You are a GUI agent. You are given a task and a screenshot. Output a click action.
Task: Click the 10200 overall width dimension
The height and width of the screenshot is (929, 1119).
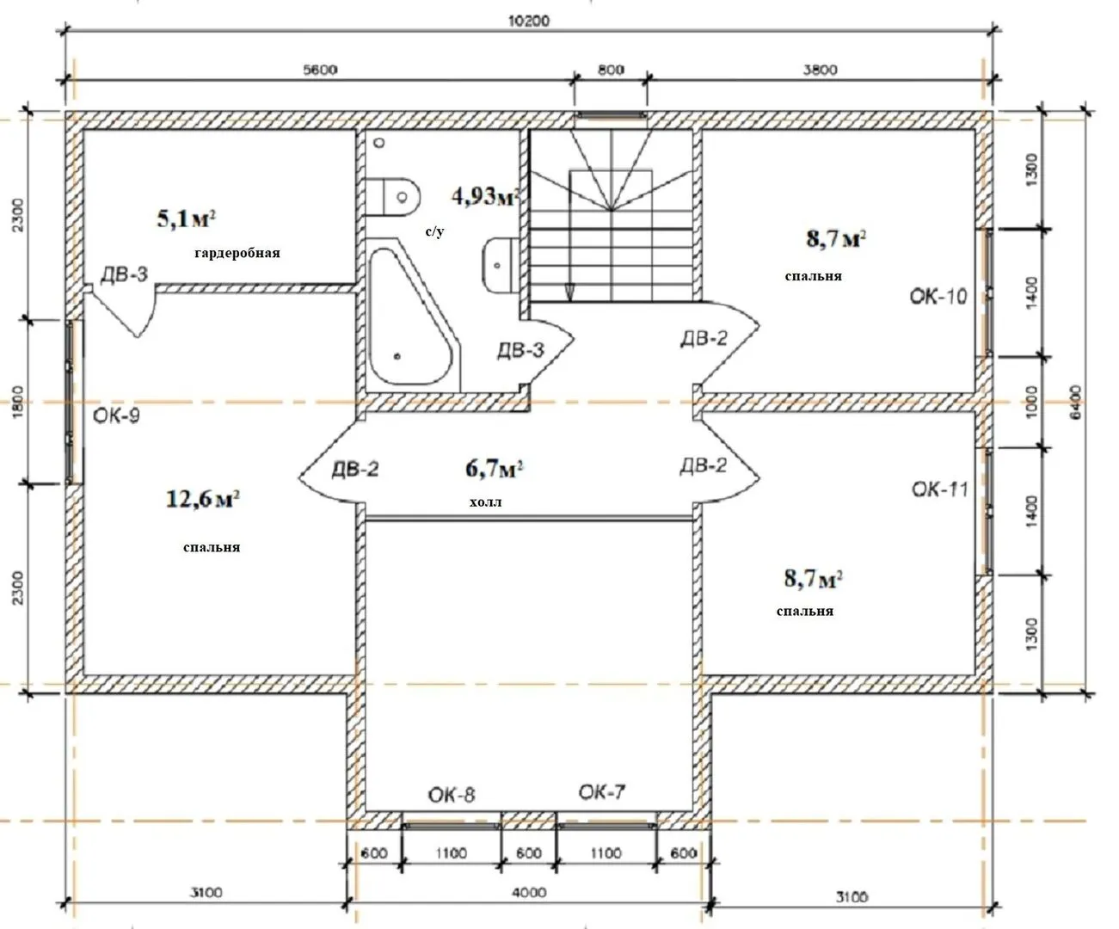(x=528, y=21)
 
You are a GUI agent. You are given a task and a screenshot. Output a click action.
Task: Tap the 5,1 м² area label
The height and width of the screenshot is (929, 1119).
(x=187, y=218)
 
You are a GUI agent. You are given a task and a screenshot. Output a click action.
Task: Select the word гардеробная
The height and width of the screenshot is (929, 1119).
(x=237, y=253)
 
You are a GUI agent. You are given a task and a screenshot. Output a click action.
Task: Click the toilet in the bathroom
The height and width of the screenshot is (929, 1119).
(x=393, y=197)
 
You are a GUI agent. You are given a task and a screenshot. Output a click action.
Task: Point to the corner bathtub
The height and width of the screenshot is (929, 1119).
(x=413, y=317)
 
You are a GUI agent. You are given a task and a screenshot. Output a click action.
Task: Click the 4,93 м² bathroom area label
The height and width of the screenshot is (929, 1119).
(x=486, y=197)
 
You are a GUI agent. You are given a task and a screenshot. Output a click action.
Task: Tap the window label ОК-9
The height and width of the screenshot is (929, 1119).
(x=117, y=415)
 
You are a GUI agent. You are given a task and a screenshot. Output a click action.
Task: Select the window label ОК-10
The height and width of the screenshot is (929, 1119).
(x=938, y=297)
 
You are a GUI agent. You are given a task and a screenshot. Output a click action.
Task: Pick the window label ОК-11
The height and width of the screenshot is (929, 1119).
(x=940, y=489)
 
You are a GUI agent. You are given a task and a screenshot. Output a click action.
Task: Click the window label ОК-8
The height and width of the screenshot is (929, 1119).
(x=452, y=795)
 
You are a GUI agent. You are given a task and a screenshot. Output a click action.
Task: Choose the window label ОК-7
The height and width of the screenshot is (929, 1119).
(x=602, y=791)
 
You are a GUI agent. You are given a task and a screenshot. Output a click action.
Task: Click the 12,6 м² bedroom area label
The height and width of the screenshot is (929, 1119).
(x=203, y=500)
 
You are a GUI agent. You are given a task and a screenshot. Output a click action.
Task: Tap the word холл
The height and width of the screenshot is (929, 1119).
(x=486, y=502)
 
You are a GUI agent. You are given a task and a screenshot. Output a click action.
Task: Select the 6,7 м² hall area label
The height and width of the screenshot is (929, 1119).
(x=494, y=469)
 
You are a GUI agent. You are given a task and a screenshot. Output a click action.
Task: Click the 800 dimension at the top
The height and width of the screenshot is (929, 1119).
(x=611, y=70)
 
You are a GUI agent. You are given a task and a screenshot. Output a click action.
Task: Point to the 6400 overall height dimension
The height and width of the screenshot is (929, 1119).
(x=1077, y=402)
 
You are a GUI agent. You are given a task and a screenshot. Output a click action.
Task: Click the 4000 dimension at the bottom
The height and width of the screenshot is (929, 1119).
(x=529, y=892)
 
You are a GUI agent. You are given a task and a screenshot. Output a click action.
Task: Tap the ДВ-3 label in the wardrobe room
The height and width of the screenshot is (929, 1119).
(x=125, y=274)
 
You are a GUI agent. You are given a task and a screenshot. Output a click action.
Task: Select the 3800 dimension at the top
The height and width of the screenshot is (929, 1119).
(x=821, y=70)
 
